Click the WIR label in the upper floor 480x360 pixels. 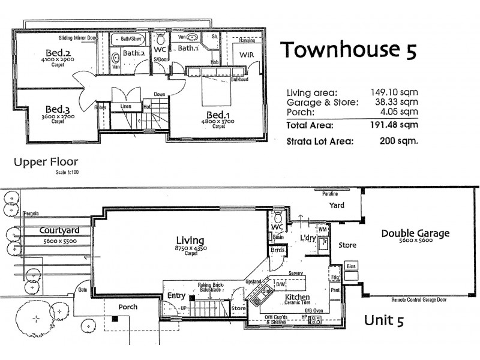(x=248, y=55)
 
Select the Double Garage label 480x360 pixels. (x=415, y=233)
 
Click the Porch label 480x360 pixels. (x=127, y=307)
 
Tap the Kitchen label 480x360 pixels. (x=297, y=297)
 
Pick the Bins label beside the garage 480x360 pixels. (x=352, y=265)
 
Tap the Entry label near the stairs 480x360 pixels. (x=176, y=295)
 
